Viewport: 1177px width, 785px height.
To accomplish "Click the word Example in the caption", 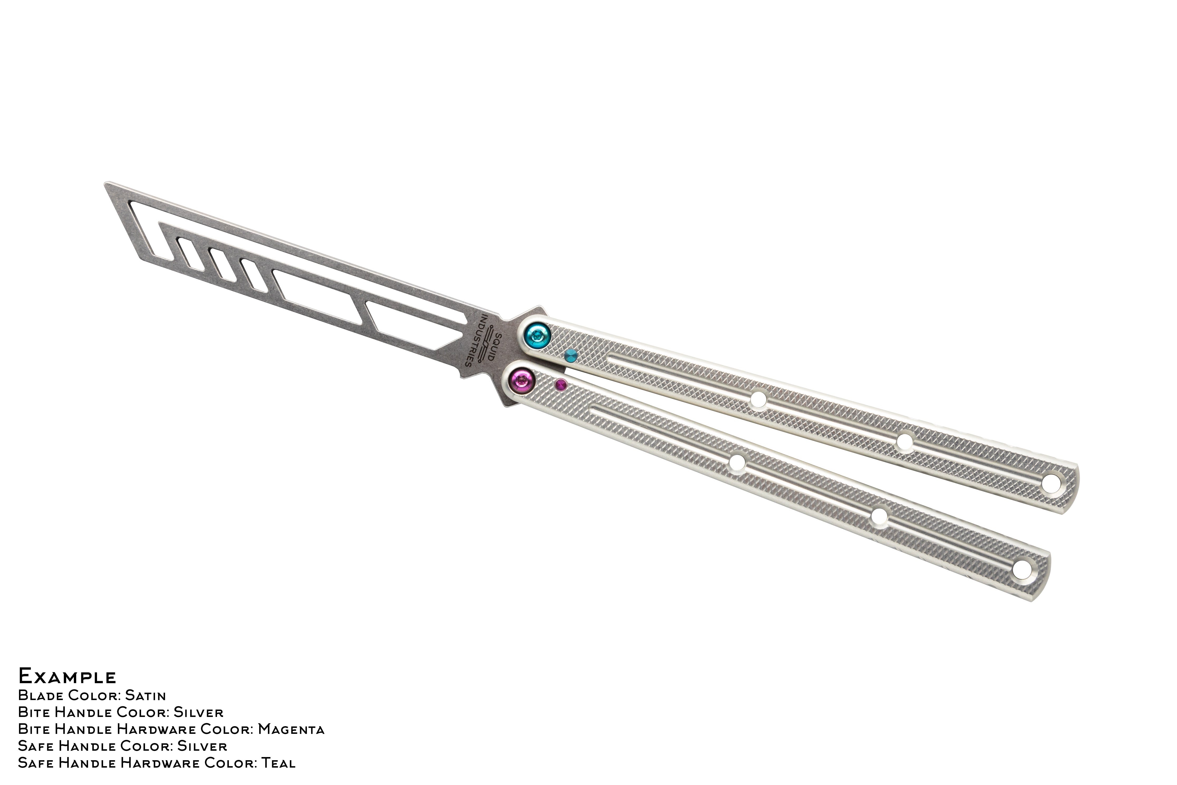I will click(67, 676).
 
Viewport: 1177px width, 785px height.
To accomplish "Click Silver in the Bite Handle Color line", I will click(199, 712).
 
